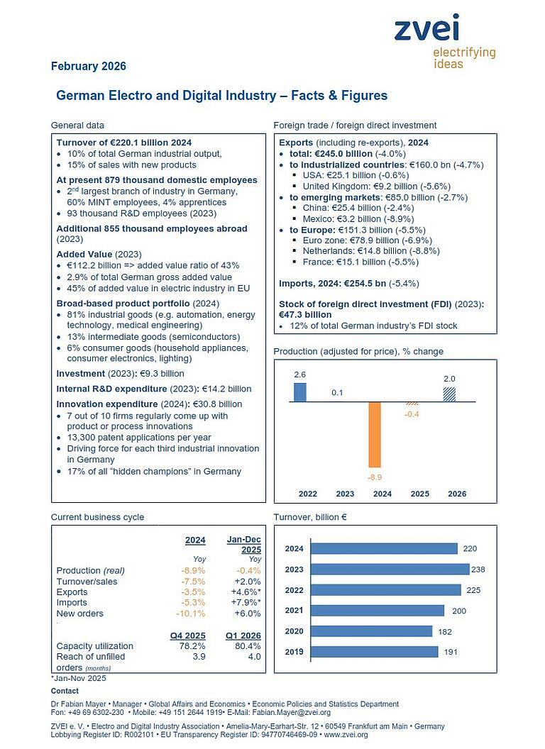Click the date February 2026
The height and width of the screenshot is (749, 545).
point(89,67)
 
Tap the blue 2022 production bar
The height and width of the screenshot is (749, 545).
point(300,392)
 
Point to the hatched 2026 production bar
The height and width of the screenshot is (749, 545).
point(449,394)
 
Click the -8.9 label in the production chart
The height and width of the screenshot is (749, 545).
point(375,478)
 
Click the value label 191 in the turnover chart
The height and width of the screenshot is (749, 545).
point(451,652)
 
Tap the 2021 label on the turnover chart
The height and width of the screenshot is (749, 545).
point(294,611)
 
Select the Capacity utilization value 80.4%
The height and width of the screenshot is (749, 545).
point(247,646)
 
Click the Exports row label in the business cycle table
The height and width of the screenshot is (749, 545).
point(72,592)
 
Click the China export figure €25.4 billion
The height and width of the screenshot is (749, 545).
point(352,208)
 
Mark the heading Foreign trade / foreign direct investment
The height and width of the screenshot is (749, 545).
point(355,126)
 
